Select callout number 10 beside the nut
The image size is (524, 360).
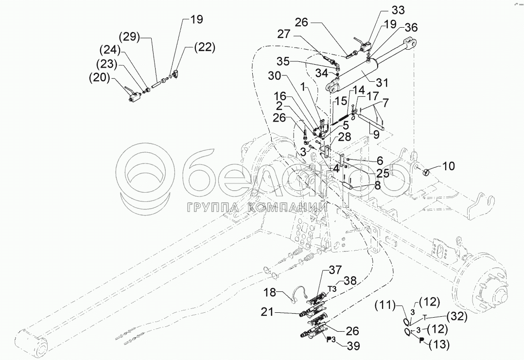point(448,166)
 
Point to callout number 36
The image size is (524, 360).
point(411,28)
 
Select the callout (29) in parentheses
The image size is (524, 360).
point(130,37)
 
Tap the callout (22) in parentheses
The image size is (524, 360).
point(203,47)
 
